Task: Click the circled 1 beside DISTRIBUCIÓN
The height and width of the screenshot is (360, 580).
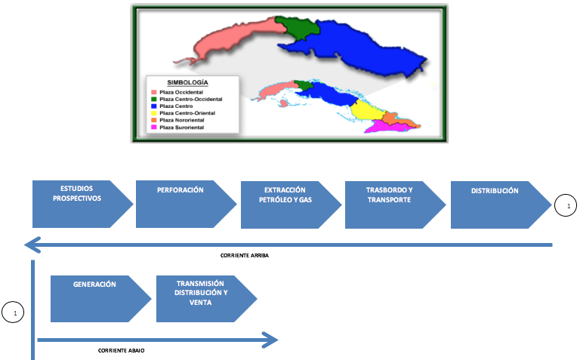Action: click(566, 205)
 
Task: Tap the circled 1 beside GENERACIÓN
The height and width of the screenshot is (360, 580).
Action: click(13, 312)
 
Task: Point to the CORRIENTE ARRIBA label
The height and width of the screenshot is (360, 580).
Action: click(245, 255)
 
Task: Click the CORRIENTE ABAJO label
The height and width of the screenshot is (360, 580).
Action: click(122, 350)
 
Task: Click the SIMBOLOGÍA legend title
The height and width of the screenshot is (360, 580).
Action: click(187, 82)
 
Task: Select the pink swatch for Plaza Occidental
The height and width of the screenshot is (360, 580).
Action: click(154, 92)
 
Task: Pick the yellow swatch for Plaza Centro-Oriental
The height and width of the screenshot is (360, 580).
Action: click(154, 113)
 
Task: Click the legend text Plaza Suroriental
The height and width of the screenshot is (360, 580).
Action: click(181, 127)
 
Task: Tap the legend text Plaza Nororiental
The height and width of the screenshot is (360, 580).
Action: click(181, 120)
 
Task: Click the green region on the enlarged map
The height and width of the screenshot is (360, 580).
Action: click(298, 26)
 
